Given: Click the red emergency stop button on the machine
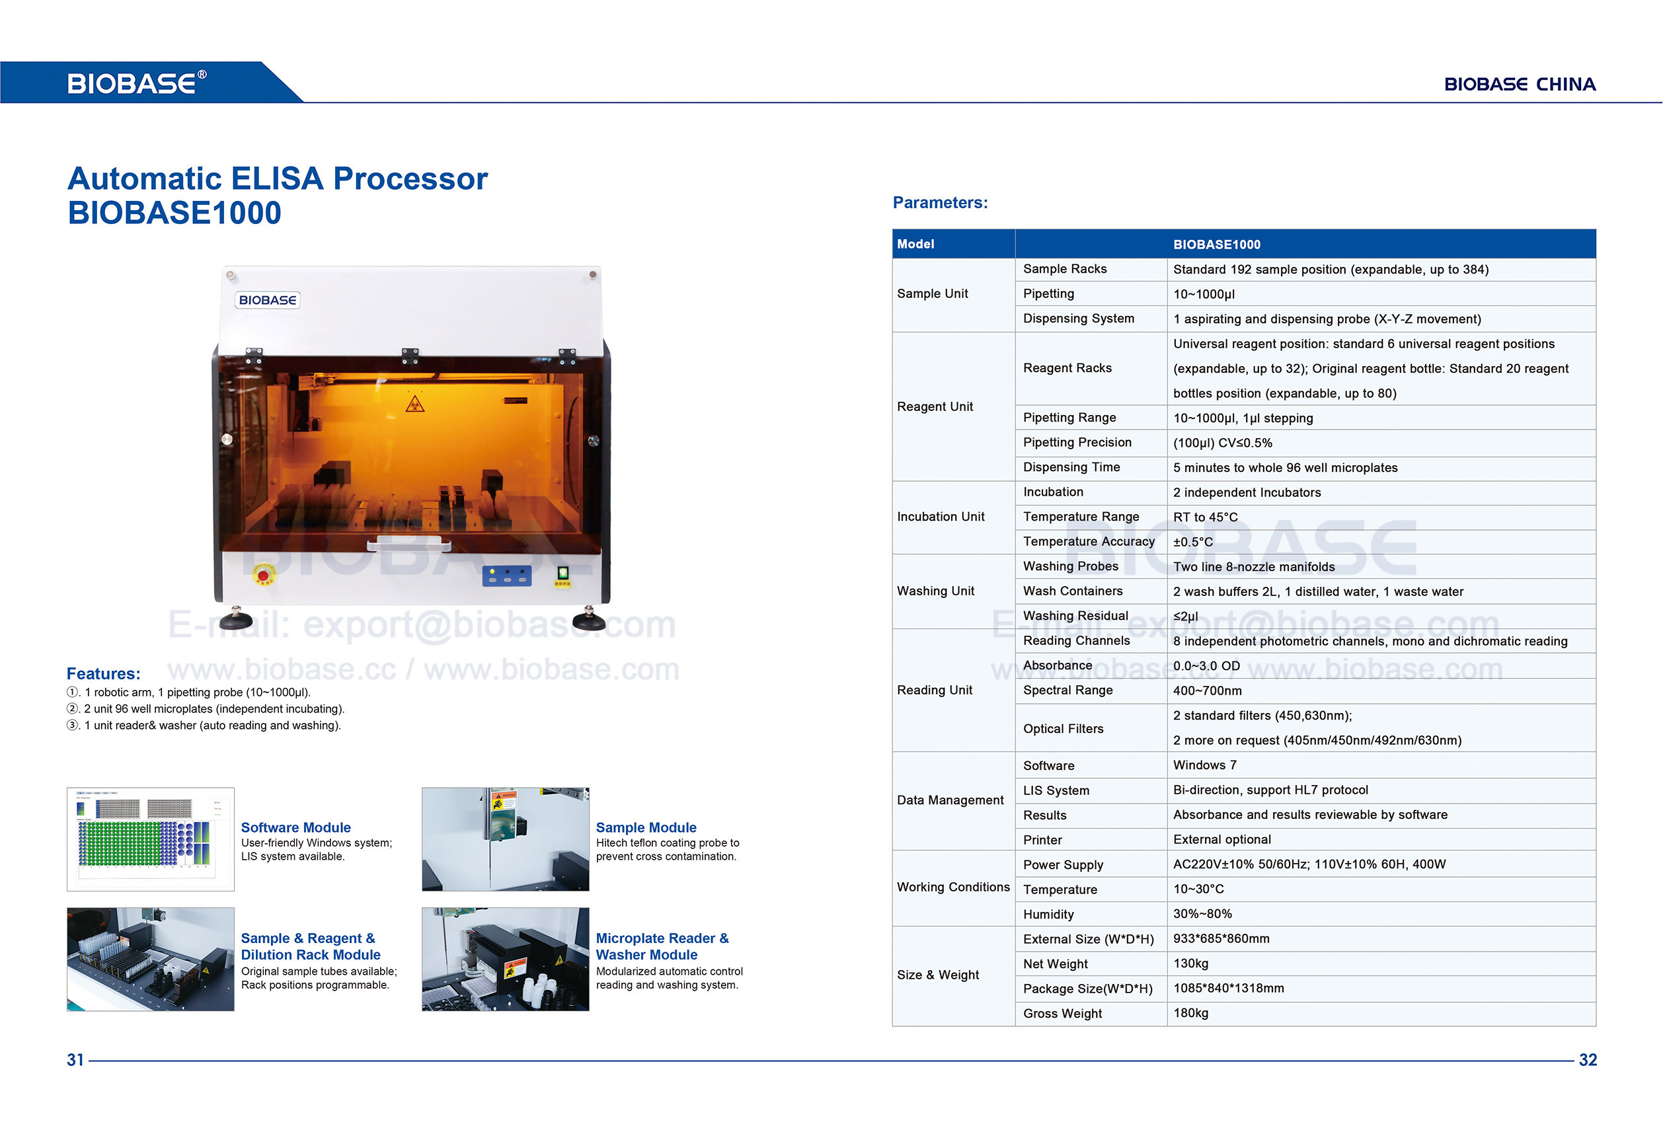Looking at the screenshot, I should pos(263,576).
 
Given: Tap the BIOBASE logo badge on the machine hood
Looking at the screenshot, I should pos(268,301).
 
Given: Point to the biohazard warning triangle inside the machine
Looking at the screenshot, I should pos(415,406).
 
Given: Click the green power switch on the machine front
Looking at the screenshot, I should pos(563,573).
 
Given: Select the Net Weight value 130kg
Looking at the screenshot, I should pos(1190,964).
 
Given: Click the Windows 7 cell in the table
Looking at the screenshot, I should pos(1204,765).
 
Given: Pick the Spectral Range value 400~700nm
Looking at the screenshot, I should pos(1207,691).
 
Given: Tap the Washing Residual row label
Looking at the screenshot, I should pos(1075,616).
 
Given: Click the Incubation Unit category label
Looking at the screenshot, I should pos(941,517).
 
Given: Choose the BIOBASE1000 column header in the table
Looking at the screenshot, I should pos(1216,245).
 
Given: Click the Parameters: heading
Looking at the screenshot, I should pos(939,202).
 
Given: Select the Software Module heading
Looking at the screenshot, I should pos(295,827).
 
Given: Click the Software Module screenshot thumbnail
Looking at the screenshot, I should pos(150,839).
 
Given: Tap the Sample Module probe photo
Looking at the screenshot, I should pos(505,839).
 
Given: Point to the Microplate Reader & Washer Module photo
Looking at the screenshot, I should pos(505,960).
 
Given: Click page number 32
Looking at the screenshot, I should pos(1587,1060).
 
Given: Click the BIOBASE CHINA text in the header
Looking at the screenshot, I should pos(1519,85).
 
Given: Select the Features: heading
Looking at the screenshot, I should pos(103,674).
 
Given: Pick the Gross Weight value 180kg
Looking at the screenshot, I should pos(1190,1013).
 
